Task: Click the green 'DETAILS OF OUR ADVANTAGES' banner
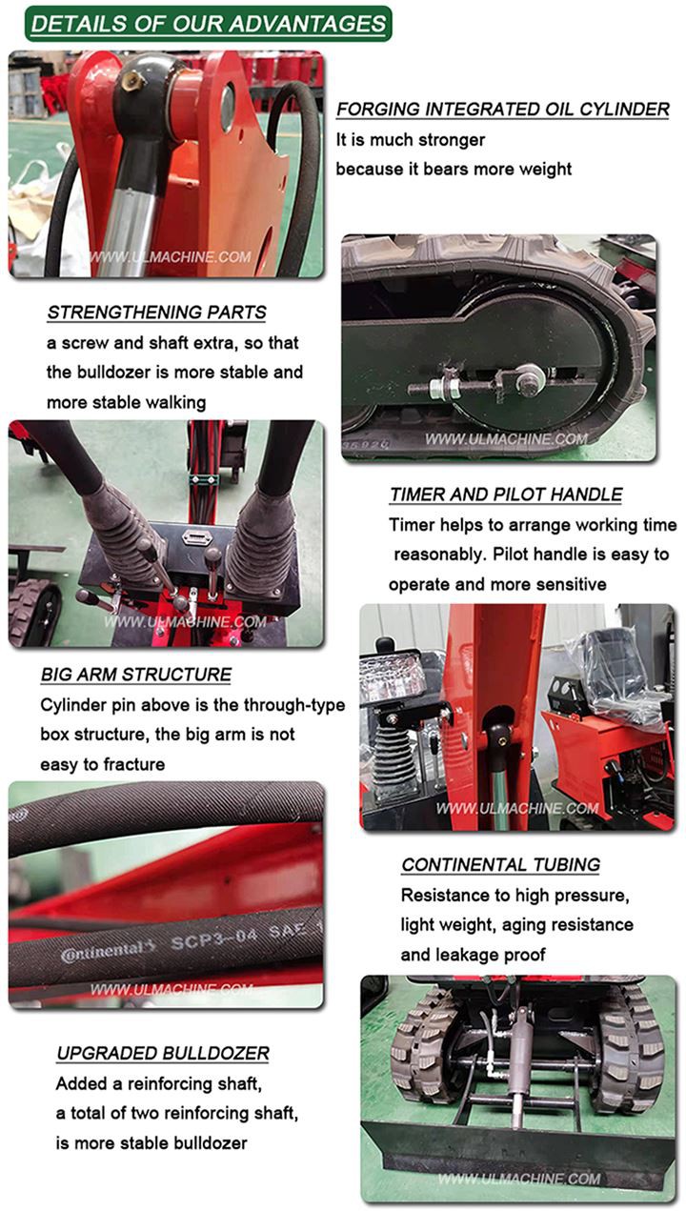pyautogui.click(x=208, y=24)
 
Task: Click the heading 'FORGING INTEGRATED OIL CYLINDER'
pyautogui.click(x=503, y=110)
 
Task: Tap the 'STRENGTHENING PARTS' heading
pyautogui.click(x=157, y=313)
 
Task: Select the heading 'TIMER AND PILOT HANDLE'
pyautogui.click(x=506, y=494)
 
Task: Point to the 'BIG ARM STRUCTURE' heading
pyautogui.click(x=136, y=675)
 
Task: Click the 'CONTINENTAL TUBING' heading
pyautogui.click(x=500, y=865)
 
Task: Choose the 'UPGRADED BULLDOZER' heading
pyautogui.click(x=163, y=1053)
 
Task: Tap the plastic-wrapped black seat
pyautogui.click(x=621, y=671)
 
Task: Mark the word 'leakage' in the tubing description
pyautogui.click(x=467, y=955)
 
